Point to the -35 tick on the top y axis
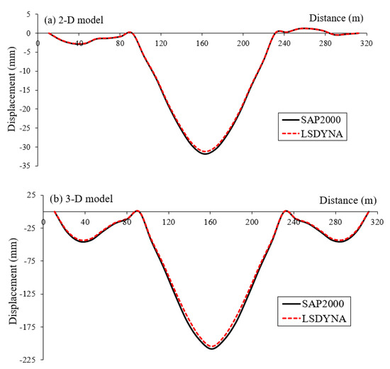pos(28,166)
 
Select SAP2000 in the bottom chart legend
pos(314,303)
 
